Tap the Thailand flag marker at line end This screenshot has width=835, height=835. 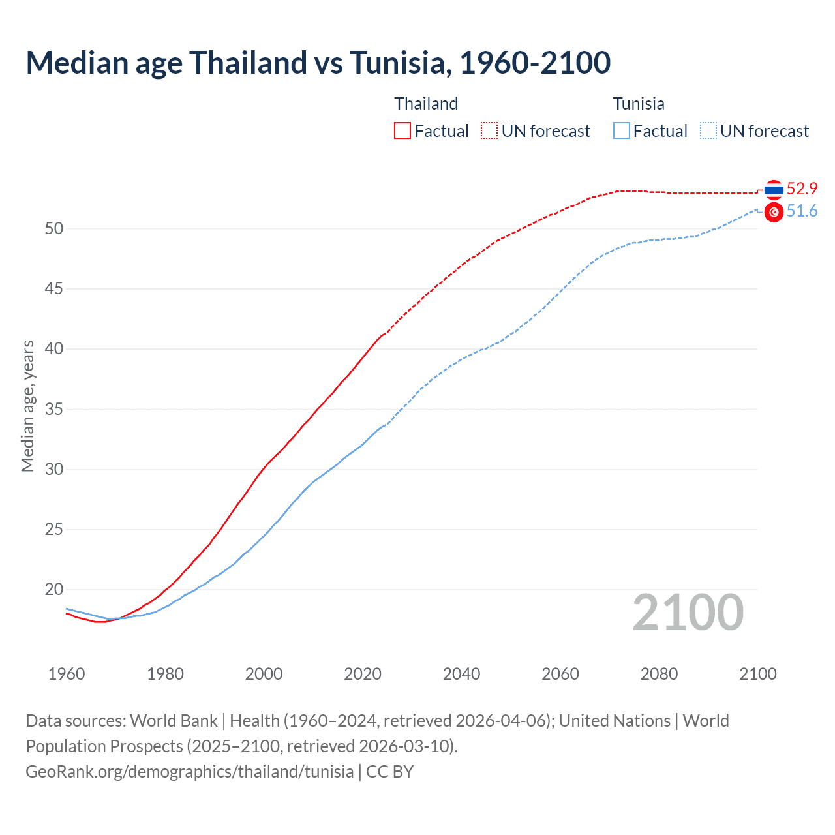[x=774, y=190]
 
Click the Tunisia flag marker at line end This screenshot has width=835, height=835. [x=774, y=212]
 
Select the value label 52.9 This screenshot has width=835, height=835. [x=802, y=189]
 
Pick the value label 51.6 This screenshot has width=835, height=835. [x=802, y=211]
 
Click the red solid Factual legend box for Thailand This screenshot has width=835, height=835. [x=402, y=131]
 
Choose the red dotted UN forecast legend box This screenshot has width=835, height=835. [x=489, y=131]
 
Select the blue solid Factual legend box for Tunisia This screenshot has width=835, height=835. [x=622, y=131]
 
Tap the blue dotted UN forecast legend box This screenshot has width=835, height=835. [x=708, y=131]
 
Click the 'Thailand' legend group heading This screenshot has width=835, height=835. [x=426, y=104]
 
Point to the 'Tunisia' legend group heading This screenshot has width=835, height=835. [x=639, y=104]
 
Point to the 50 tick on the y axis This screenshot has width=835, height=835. [x=54, y=228]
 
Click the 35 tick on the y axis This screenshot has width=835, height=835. [x=54, y=409]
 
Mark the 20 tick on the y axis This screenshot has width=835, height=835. [x=54, y=590]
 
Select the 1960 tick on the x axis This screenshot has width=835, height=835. [x=67, y=674]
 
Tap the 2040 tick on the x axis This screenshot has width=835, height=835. [x=461, y=674]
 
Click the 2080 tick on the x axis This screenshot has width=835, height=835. [x=659, y=674]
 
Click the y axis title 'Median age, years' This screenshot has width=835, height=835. [x=27, y=406]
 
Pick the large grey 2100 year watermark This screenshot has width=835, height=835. [x=688, y=613]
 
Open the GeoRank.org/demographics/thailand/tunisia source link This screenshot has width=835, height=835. [x=190, y=772]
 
